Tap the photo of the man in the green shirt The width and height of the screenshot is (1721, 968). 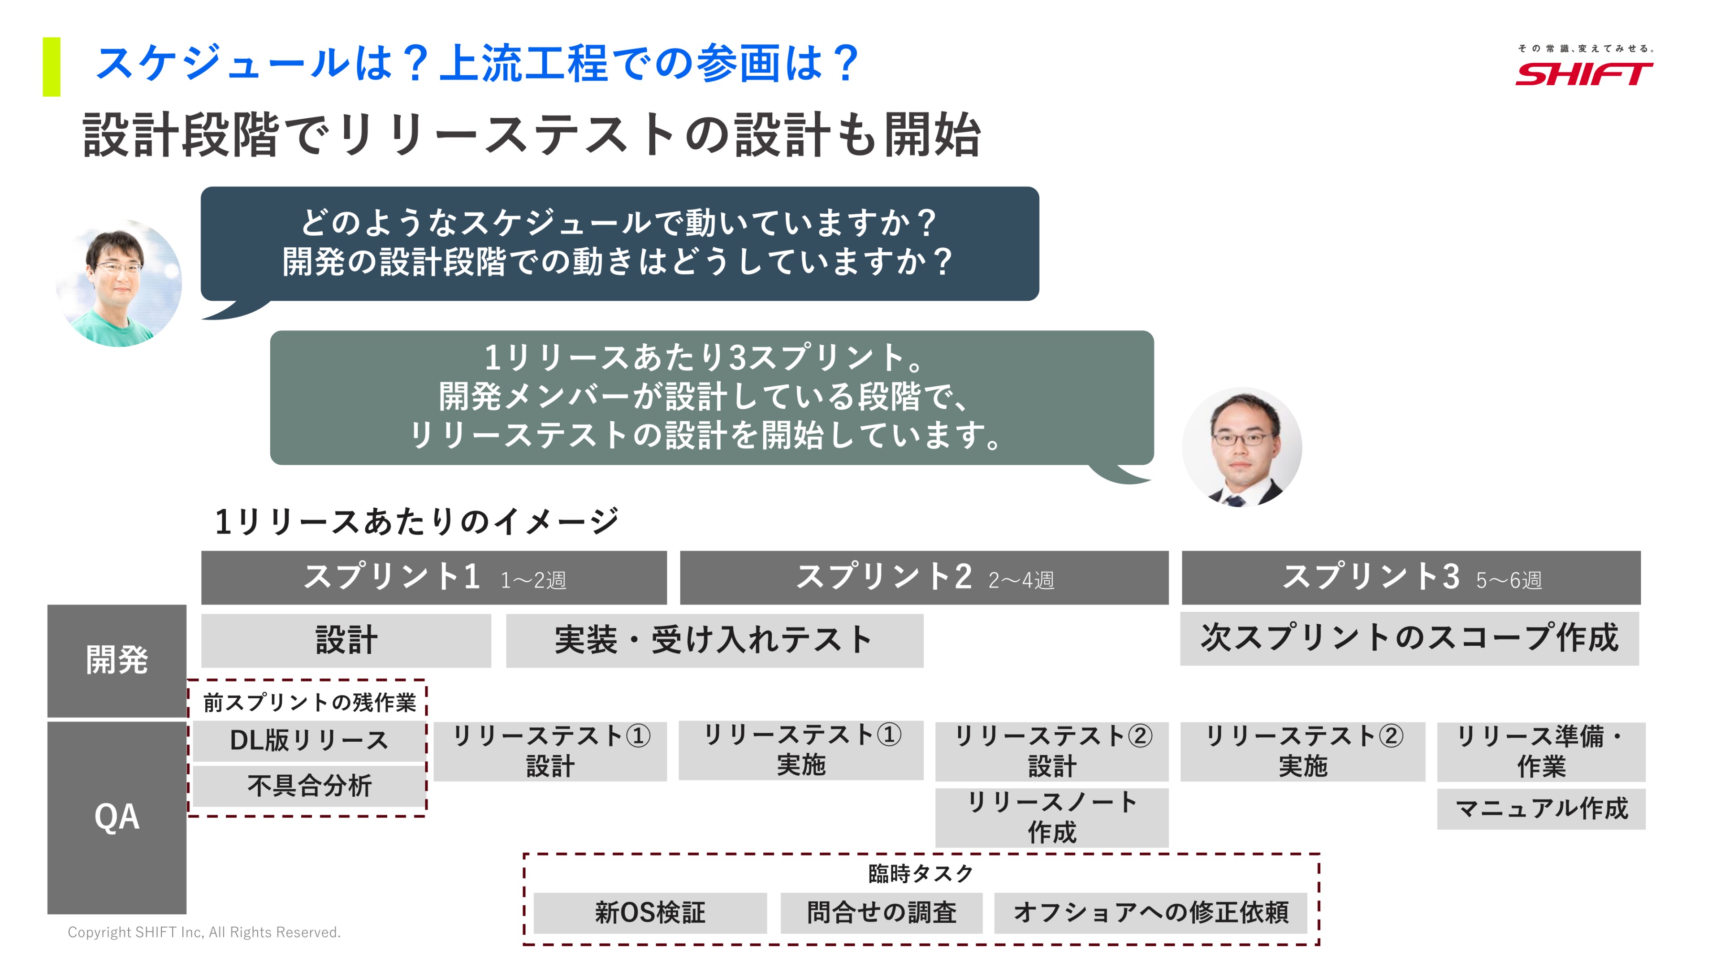click(x=119, y=283)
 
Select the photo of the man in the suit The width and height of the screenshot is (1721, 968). click(x=1241, y=447)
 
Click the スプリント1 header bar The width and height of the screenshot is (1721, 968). click(x=433, y=577)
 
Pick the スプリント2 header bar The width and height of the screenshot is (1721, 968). click(x=924, y=577)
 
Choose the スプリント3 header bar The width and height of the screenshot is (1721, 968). click(x=1411, y=577)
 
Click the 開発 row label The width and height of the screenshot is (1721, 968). click(x=117, y=661)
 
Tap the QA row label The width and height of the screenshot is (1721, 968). click(x=117, y=817)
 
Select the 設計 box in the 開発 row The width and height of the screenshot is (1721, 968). click(x=346, y=640)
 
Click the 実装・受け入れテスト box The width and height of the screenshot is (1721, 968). click(x=715, y=640)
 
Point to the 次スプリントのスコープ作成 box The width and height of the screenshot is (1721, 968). click(x=1410, y=638)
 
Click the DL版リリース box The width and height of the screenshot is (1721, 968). click(x=309, y=740)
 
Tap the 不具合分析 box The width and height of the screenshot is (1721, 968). click(x=309, y=786)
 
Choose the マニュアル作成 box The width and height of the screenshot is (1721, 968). click(x=1541, y=809)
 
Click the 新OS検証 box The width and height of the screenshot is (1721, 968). click(x=650, y=912)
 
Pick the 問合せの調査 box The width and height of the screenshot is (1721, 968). click(x=881, y=912)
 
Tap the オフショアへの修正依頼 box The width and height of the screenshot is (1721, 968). click(x=1150, y=912)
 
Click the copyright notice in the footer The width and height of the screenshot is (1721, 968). click(x=204, y=932)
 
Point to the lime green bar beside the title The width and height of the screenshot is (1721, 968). click(x=52, y=67)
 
